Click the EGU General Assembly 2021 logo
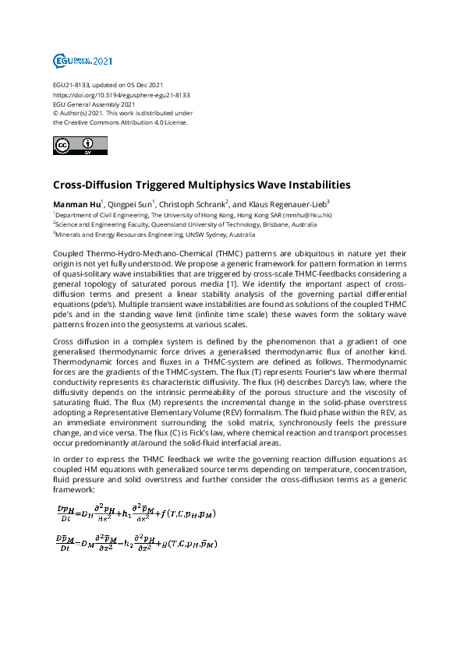tap(82, 61)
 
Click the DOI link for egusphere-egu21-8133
tap(122, 94)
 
